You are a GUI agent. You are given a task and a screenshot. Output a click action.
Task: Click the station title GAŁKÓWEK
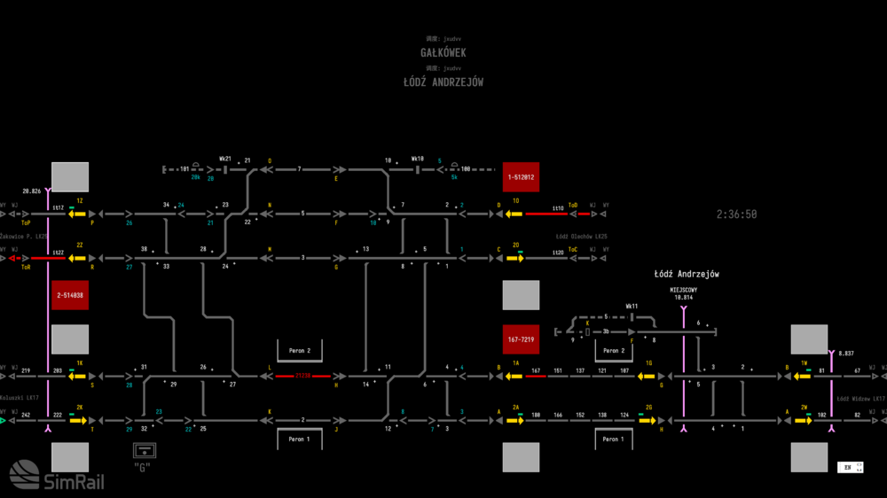(x=443, y=53)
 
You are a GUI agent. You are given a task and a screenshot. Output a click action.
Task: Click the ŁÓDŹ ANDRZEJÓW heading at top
(x=443, y=82)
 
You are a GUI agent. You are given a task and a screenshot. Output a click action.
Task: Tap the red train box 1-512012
(x=521, y=177)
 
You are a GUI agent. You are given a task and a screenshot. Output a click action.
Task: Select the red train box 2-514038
(x=70, y=294)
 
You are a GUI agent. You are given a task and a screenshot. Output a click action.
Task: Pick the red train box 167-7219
(x=521, y=339)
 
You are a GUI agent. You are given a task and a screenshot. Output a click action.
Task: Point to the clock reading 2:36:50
(x=737, y=214)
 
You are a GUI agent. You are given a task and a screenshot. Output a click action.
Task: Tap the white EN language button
(x=849, y=467)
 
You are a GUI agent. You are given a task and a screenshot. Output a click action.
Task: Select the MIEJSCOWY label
(x=683, y=290)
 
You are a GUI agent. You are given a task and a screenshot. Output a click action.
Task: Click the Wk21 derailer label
(x=225, y=160)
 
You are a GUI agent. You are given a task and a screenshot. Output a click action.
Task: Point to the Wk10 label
(x=419, y=160)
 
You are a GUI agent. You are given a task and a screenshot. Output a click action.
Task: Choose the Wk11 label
(x=632, y=306)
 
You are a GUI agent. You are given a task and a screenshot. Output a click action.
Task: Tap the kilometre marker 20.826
(x=32, y=191)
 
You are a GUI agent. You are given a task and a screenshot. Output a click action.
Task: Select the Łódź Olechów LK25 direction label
(x=581, y=237)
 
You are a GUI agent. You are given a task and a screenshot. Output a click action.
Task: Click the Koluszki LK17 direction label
(x=20, y=398)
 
